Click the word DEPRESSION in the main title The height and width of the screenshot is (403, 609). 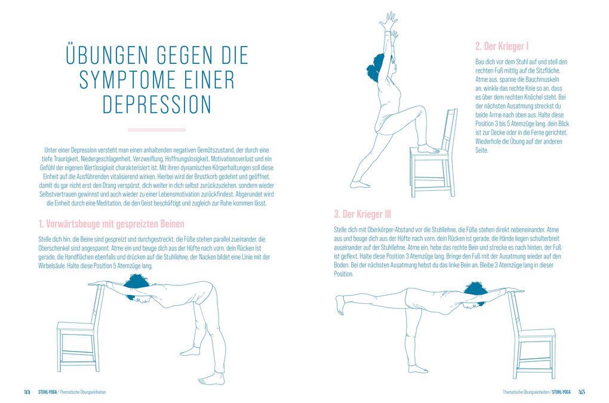[157, 104]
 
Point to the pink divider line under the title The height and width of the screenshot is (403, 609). [157, 129]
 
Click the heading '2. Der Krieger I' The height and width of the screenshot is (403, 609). [502, 46]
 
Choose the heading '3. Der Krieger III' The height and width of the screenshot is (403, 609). [362, 214]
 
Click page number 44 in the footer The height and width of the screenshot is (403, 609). [27, 392]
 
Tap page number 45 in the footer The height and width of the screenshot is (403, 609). [582, 392]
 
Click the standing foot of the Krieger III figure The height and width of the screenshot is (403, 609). [417, 368]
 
